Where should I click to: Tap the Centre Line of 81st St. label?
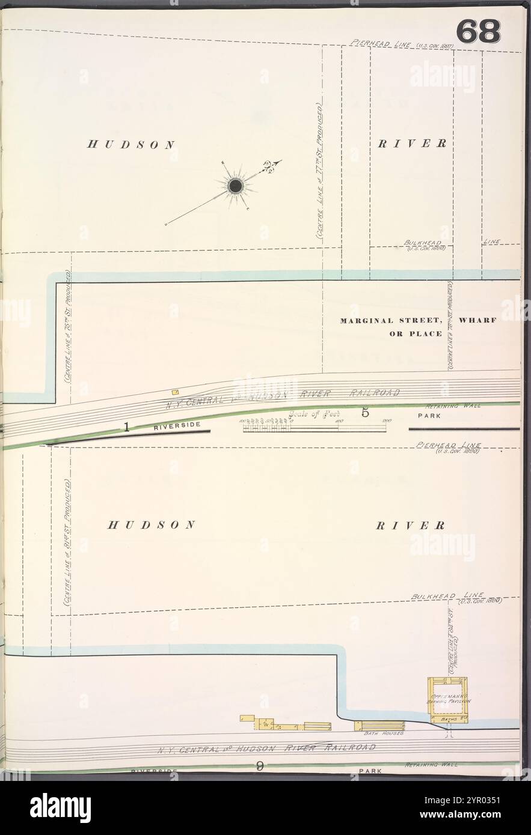[67, 547]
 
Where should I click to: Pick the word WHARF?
[477, 320]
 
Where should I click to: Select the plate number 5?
[365, 413]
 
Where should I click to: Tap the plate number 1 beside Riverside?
[127, 427]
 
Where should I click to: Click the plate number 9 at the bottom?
[260, 765]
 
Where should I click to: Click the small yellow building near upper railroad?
[176, 392]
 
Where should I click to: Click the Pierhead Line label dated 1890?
[447, 446]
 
